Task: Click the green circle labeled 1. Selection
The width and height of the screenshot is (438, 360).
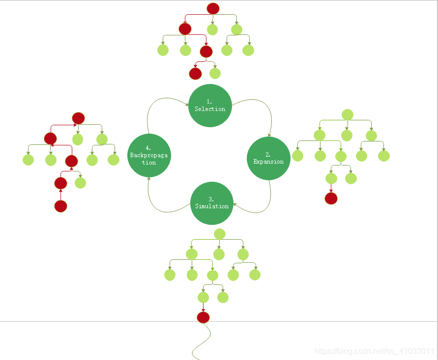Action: (210, 106)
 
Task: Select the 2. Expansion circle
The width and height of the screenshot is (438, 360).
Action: (268, 158)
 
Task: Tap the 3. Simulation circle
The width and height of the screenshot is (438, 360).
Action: (212, 203)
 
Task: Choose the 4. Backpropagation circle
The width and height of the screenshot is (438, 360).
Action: (149, 155)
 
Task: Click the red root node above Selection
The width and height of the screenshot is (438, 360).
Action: (212, 8)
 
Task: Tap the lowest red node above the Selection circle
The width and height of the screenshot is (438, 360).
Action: (195, 74)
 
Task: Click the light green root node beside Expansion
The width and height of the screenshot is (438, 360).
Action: (347, 114)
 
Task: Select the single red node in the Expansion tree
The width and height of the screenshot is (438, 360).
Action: (331, 198)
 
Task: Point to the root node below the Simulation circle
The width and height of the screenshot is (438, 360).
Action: (220, 234)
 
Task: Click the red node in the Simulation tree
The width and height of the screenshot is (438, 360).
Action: (203, 317)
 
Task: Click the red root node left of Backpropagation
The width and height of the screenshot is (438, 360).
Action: (79, 118)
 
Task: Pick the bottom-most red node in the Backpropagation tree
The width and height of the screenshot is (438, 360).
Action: (60, 206)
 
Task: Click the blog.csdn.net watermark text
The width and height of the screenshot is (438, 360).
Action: (374, 351)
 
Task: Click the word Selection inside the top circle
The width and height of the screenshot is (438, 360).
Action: (210, 109)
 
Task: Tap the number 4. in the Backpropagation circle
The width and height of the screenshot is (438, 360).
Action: (148, 148)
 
